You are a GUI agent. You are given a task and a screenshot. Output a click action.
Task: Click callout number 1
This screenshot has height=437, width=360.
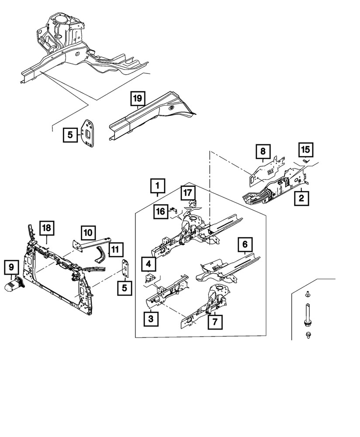tap(158, 187)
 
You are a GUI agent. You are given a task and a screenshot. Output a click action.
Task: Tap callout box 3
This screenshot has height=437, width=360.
tap(150, 319)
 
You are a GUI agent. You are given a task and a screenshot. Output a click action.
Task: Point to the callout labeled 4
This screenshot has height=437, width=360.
tap(149, 264)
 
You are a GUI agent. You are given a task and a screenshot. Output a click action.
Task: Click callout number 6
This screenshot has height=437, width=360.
tap(245, 245)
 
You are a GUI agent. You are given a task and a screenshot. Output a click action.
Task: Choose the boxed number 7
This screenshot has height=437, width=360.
tap(215, 322)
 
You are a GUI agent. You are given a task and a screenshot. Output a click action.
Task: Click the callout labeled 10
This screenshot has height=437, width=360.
tap(88, 232)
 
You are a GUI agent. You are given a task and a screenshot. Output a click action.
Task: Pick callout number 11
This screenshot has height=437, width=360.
tap(116, 250)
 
